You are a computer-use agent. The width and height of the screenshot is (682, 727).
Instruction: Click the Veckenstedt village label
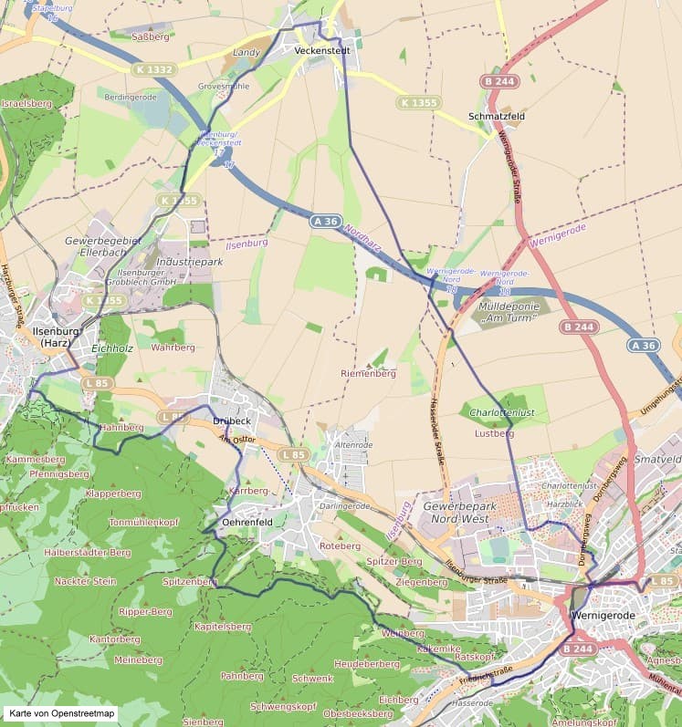[322, 51]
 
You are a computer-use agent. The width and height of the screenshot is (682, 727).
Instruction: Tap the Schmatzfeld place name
[494, 117]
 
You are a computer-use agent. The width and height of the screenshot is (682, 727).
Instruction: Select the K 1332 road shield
[152, 69]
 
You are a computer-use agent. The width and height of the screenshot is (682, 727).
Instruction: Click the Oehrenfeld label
[247, 522]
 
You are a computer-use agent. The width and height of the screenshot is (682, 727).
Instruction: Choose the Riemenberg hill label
[367, 373]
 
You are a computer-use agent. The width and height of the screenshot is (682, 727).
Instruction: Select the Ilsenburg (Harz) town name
[53, 336]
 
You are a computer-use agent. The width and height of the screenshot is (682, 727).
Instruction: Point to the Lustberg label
[495, 434]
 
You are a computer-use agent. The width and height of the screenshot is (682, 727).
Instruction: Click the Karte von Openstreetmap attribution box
[59, 713]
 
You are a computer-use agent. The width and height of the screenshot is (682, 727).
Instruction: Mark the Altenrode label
[354, 444]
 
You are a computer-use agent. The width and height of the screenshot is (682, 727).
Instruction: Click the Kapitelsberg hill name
[223, 627]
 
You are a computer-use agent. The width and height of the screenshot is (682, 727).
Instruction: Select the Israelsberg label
[26, 104]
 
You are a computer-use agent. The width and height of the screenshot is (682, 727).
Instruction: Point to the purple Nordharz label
[363, 239]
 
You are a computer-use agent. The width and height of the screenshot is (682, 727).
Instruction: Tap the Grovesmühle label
[223, 86]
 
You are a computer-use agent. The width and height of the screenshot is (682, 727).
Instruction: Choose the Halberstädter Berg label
[88, 552]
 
